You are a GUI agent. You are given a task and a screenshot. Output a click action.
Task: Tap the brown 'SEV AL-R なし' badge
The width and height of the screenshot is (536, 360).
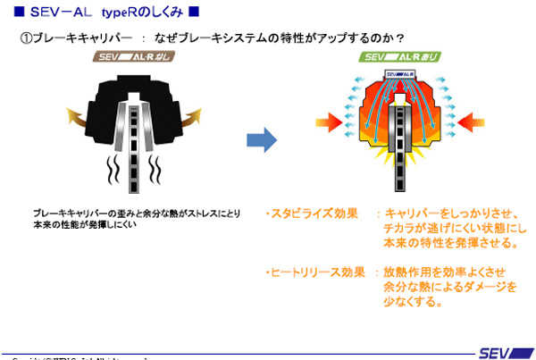pos(136,57)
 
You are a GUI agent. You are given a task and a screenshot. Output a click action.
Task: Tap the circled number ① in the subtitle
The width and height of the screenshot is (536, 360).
pos(25,38)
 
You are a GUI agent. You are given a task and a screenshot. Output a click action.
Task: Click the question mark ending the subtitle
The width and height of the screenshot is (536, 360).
pos(401,38)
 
